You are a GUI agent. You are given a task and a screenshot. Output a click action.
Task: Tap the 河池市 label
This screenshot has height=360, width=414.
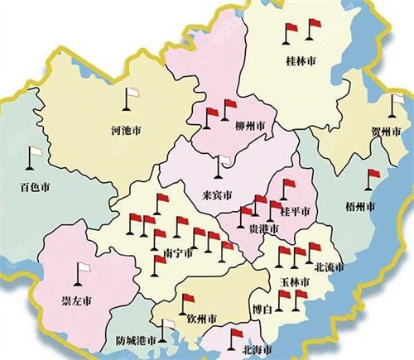[x=126, y=130]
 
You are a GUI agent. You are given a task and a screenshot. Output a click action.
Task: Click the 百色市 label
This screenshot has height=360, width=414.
[x=36, y=189]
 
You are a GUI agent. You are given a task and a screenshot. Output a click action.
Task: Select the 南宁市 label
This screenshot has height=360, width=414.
[x=176, y=254]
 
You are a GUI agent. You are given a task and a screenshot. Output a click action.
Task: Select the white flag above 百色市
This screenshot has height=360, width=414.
[x=36, y=155]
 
